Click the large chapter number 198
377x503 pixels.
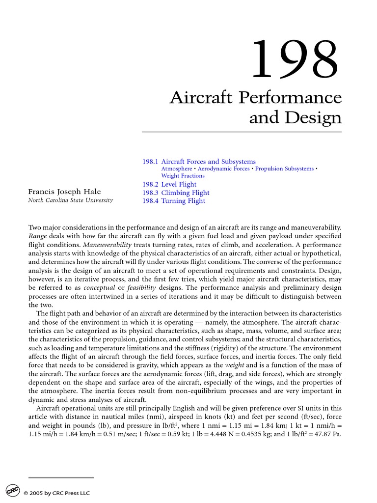pyautogui.click(x=295, y=60)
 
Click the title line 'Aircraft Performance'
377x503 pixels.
pyautogui.click(x=255, y=97)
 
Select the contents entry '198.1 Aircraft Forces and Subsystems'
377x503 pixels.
pyautogui.click(x=199, y=162)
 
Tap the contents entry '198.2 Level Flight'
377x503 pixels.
pyautogui.click(x=169, y=185)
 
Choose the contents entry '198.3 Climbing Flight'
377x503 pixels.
pyautogui.click(x=176, y=193)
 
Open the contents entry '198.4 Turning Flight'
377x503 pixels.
pyautogui.click(x=174, y=201)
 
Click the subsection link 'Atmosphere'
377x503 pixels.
pyautogui.click(x=176, y=169)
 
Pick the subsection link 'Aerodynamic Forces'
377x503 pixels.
pyautogui.click(x=223, y=169)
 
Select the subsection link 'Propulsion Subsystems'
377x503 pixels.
pyautogui.click(x=284, y=169)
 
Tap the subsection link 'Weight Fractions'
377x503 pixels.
pyautogui.click(x=183, y=176)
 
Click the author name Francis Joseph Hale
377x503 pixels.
pyautogui.click(x=64, y=192)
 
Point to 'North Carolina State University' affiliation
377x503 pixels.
pyautogui.click(x=70, y=200)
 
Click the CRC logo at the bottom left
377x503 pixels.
pyautogui.click(x=12, y=491)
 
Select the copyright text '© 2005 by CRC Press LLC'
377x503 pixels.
pyautogui.click(x=56, y=493)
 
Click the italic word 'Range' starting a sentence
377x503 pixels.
pyautogui.click(x=37, y=236)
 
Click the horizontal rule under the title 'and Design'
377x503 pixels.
pyautogui.click(x=242, y=132)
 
